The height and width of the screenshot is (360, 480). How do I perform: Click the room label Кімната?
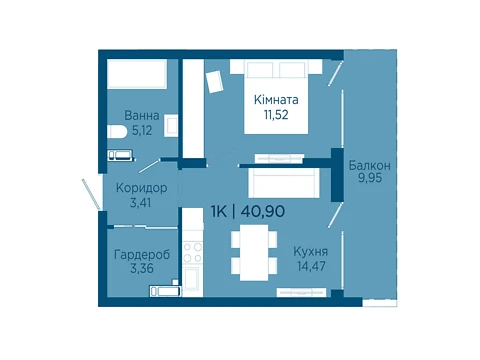276,100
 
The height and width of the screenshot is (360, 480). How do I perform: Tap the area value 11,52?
276,115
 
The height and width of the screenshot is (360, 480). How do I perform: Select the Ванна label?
142,116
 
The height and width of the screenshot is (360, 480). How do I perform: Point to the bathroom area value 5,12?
142,130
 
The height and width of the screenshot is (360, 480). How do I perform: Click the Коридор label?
141,188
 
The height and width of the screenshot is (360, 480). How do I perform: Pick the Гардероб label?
142,255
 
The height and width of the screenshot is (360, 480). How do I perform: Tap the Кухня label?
310,252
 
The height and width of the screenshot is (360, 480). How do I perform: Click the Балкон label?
370,165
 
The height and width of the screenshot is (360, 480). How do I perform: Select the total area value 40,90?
263,211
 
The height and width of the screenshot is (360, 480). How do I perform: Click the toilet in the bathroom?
117,131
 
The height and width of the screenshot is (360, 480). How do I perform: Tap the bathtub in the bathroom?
137,74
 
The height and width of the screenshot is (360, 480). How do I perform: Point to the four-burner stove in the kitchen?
193,253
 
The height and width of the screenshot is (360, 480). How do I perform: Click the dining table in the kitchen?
254,252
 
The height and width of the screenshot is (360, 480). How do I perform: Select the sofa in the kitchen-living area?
284,183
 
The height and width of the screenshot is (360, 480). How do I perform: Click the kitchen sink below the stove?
192,279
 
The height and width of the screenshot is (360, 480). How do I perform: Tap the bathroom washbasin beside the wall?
171,126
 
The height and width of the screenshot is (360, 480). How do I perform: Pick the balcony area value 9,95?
370,178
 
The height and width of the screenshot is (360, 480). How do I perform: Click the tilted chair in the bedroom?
214,82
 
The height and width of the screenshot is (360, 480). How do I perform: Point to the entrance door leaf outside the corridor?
91,195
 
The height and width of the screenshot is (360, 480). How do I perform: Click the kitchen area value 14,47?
311,266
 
